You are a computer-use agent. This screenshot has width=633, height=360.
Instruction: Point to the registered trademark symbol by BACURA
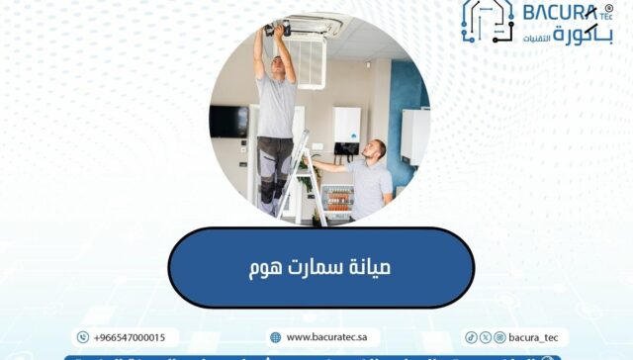tap(608, 7)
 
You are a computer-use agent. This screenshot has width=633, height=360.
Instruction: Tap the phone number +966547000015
tap(129, 337)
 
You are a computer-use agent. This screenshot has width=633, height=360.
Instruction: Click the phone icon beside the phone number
tap(83, 337)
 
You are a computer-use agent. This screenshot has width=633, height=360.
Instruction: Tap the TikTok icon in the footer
tap(472, 337)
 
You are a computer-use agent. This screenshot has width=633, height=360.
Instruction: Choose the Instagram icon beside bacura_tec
tap(499, 337)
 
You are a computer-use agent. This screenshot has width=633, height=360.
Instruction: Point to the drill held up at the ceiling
tap(278, 29)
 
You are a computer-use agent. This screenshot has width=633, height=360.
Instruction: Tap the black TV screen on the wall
tap(229, 121)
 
